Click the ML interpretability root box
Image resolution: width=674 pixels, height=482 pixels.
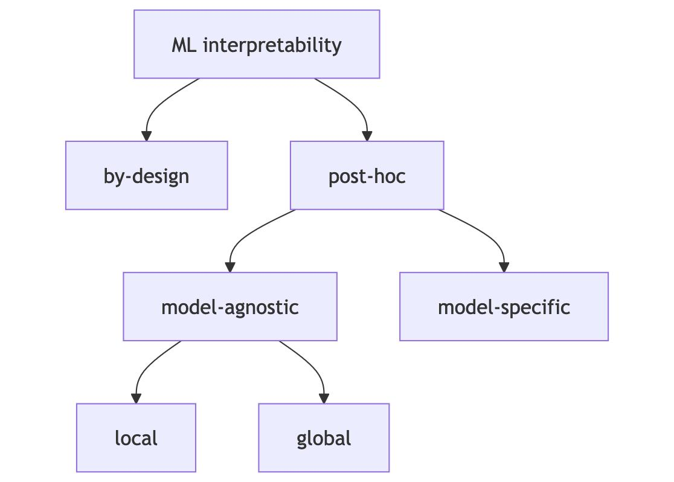pyautogui.click(x=257, y=44)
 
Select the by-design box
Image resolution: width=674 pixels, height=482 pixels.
pyautogui.click(x=146, y=176)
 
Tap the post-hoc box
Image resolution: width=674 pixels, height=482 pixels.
pyautogui.click(x=367, y=176)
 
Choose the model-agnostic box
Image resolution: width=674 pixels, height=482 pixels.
pyautogui.click(x=229, y=307)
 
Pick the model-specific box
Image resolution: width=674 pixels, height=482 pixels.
pyautogui.click(x=504, y=307)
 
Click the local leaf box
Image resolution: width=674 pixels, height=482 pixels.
pyautogui.click(x=136, y=438)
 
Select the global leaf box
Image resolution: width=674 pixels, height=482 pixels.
pyautogui.click(x=324, y=438)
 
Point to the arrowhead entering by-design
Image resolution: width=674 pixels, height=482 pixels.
pyautogui.click(x=146, y=136)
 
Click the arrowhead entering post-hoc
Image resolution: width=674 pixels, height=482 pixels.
pyautogui.click(x=367, y=136)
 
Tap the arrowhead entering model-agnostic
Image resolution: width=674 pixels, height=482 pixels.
pyautogui.click(x=229, y=267)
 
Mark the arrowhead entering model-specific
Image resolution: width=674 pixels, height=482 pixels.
pyautogui.click(x=504, y=267)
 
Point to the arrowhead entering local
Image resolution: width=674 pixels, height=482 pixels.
pyautogui.click(x=136, y=398)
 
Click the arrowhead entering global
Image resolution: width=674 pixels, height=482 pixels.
pyautogui.click(x=324, y=398)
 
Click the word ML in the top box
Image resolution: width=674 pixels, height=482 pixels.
pyautogui.click(x=184, y=45)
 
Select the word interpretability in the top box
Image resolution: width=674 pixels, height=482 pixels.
pyautogui.click(x=272, y=45)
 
